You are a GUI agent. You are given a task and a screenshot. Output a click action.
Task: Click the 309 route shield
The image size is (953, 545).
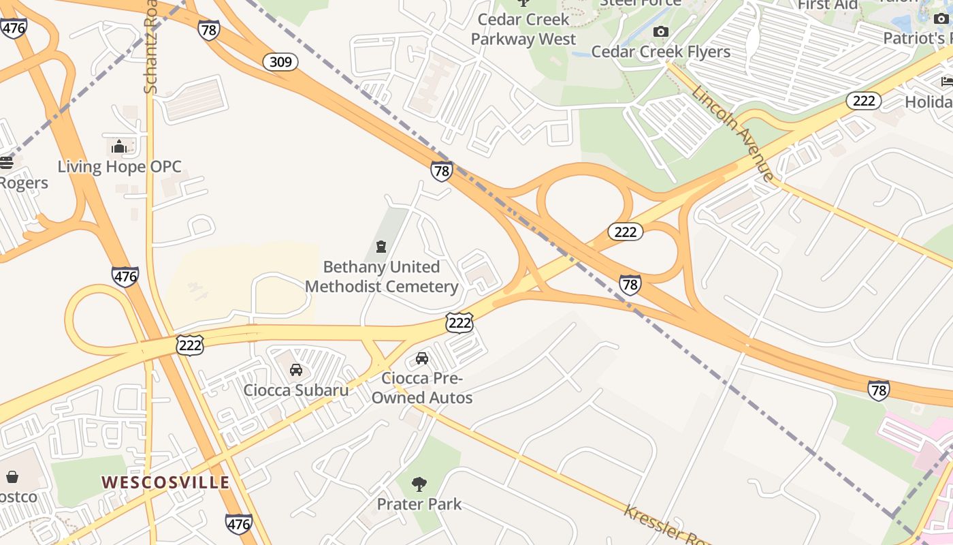coord(280,62)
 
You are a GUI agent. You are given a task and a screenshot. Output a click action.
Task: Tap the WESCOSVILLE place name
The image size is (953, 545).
coord(165,482)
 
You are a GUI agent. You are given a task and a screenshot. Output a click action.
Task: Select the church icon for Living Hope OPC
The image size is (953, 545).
coord(119,146)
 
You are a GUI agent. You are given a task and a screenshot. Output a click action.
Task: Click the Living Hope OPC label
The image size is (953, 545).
coord(119,167)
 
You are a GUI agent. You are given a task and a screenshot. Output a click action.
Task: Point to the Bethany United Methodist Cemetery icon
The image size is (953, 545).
coord(381,247)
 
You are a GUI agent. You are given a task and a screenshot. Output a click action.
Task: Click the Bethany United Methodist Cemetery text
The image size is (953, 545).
coord(381,277)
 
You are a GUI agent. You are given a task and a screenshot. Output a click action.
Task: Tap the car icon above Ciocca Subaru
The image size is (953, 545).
coord(296,370)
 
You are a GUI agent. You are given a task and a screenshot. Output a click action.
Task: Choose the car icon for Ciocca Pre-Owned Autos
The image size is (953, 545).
coord(422,358)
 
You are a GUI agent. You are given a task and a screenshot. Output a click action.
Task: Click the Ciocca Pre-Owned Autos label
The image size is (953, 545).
coord(422,388)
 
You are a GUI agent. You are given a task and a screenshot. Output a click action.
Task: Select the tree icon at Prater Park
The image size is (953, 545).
coord(419,484)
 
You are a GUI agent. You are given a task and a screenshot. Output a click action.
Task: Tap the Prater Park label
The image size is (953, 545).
coord(419,504)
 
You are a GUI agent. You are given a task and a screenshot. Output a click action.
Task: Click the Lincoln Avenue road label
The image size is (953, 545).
coord(733,134)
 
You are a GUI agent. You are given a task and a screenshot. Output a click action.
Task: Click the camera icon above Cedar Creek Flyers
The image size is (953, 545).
coord(660,32)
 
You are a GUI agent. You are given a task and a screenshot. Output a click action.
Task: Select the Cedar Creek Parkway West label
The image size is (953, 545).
coord(523,29)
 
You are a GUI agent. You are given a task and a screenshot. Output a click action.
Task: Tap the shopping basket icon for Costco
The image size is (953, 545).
coord(12,477)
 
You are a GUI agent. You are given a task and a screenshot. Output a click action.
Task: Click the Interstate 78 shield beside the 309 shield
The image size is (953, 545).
coord(209,29)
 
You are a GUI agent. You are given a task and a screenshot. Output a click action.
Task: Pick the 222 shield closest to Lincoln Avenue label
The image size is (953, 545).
coord(863,101)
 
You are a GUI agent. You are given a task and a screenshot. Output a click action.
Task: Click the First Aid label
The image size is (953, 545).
coord(828,5)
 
